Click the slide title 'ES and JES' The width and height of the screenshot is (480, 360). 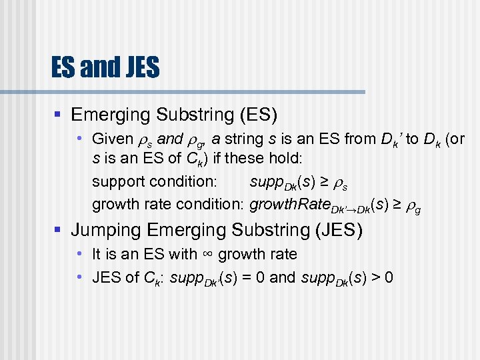(x=105, y=67)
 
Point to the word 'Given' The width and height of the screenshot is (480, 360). (x=112, y=139)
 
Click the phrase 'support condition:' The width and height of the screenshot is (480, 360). (x=142, y=181)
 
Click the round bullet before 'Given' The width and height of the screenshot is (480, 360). (x=79, y=139)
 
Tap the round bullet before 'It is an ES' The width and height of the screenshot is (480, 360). (x=79, y=254)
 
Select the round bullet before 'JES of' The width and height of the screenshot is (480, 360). (x=79, y=276)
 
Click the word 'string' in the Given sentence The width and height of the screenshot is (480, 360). (x=249, y=139)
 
